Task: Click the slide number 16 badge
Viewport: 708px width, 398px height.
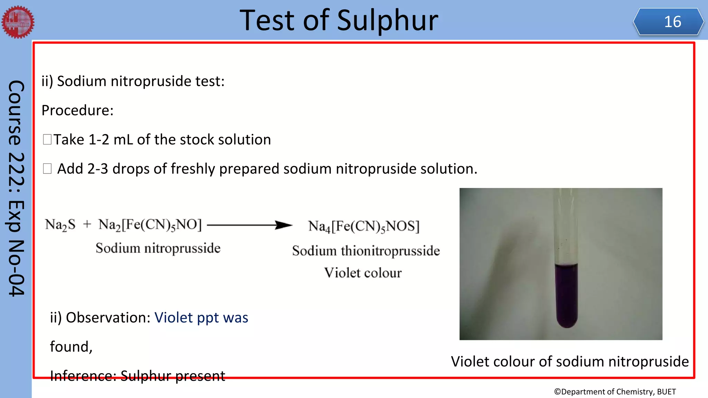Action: [669, 22]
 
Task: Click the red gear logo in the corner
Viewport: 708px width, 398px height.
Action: [18, 22]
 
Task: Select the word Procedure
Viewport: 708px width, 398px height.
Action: [77, 111]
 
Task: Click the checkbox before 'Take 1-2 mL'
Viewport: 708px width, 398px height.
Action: [47, 140]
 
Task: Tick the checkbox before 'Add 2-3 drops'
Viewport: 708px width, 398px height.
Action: [47, 169]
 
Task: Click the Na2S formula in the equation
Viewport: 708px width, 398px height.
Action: [60, 225]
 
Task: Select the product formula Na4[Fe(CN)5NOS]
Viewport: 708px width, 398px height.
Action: [364, 227]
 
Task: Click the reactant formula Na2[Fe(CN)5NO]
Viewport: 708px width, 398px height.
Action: [150, 225]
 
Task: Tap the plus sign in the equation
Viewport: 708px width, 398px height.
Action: [87, 225]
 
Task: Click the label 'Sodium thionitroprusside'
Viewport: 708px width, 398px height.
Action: [366, 251]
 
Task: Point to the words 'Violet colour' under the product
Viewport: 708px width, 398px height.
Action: [363, 273]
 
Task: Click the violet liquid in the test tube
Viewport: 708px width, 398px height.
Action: [566, 294]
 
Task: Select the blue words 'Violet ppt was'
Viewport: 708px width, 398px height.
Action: [201, 318]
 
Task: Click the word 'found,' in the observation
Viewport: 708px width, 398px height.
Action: [71, 347]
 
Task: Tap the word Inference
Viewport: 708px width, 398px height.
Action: [83, 376]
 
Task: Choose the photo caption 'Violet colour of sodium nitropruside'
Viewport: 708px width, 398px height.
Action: [570, 362]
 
